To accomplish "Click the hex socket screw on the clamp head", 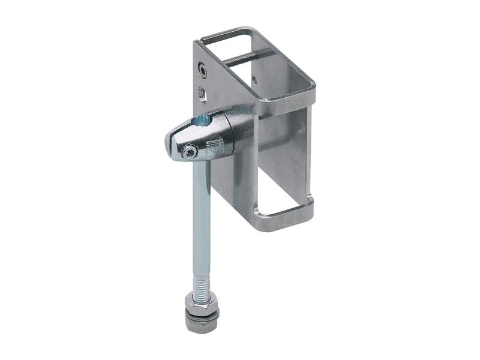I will point(190,152).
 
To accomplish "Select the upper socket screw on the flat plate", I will point(204,71).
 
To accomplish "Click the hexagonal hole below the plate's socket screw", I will point(202,93).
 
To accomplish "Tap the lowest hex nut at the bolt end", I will point(201,324).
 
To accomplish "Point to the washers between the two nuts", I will point(202,312).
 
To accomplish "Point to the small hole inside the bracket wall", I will point(254,79).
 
